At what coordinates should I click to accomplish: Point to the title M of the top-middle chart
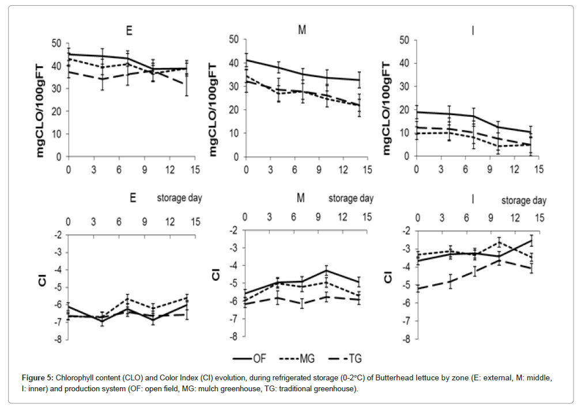301,30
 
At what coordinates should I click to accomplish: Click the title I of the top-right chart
473,30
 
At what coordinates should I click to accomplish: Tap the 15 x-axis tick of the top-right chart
538,169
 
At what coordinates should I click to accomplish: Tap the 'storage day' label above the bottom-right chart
523,201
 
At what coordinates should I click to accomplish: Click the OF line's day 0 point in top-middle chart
246,59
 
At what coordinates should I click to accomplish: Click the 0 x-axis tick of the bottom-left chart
68,222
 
